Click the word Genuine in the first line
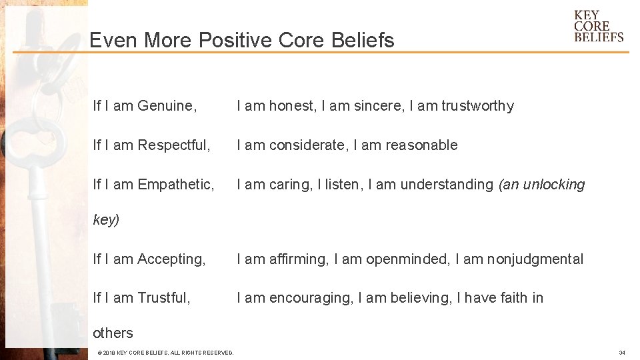coord(166,106)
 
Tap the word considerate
coord(307,145)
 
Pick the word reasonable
coord(419,145)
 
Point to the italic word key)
coord(106,221)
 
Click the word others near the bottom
coord(113,333)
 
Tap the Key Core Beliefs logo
coord(598,27)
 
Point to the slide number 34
coord(621,353)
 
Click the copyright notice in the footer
coord(165,353)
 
